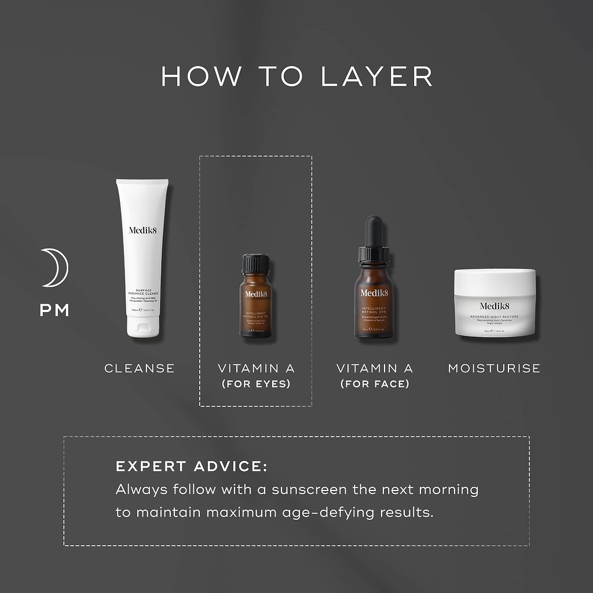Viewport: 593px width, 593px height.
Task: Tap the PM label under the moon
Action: coord(54,310)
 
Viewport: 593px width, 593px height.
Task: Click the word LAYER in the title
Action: coord(377,77)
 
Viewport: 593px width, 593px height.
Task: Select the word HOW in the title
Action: coord(200,77)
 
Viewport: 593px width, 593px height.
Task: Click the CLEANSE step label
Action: coord(139,368)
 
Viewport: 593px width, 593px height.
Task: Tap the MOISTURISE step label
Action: coord(494,368)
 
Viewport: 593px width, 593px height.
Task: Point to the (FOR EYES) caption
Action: coord(256,384)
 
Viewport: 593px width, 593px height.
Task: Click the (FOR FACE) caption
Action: coord(375,384)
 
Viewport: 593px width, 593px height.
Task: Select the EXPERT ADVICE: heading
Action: coord(191,467)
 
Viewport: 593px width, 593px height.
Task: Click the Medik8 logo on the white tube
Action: coord(142,230)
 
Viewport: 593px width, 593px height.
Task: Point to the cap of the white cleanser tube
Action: coord(142,331)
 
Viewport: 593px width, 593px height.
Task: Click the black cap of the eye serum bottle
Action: coord(255,263)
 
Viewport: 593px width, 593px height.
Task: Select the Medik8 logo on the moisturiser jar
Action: coord(494,306)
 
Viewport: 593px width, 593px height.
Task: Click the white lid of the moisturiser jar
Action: coord(494,281)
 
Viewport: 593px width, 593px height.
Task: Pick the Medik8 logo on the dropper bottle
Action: coord(375,292)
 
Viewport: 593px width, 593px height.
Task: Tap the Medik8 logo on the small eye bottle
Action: coord(255,294)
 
